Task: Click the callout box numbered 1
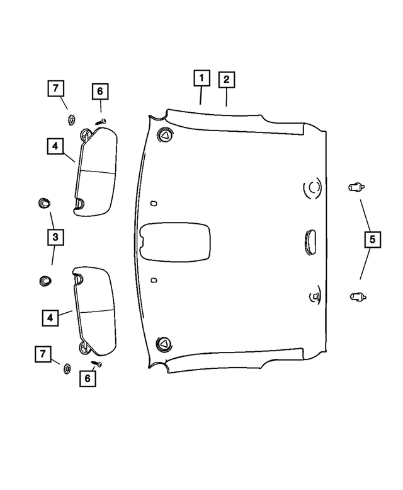click(x=201, y=79)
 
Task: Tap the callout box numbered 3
click(x=55, y=238)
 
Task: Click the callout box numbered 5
click(x=372, y=240)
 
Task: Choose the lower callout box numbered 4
click(x=50, y=317)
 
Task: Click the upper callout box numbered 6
click(x=99, y=91)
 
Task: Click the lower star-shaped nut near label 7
click(x=65, y=368)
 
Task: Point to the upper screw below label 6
click(x=101, y=120)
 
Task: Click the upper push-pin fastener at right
click(x=356, y=187)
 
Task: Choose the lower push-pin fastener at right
click(x=356, y=295)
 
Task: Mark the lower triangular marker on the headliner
click(x=164, y=343)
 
